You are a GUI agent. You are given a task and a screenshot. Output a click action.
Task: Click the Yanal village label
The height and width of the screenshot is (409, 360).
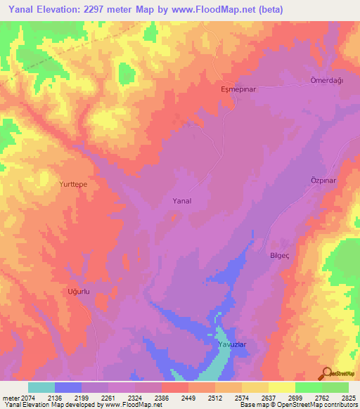182,201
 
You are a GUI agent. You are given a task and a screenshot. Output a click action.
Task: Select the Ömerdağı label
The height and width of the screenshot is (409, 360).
326,80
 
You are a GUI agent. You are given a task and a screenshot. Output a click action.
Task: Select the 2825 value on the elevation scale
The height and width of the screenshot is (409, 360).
349,398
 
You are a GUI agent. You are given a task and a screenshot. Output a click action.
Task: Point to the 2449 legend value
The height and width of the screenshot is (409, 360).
188,398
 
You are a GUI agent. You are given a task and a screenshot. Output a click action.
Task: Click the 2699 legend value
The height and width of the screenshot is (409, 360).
295,398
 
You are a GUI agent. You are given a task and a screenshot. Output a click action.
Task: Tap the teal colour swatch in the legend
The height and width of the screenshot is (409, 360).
41,387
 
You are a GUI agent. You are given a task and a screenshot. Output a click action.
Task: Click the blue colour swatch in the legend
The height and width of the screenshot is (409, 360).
68,387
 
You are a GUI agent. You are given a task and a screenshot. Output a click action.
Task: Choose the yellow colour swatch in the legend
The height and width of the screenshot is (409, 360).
282,387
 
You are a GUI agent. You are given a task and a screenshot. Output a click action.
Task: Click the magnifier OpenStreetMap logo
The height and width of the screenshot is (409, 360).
326,372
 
